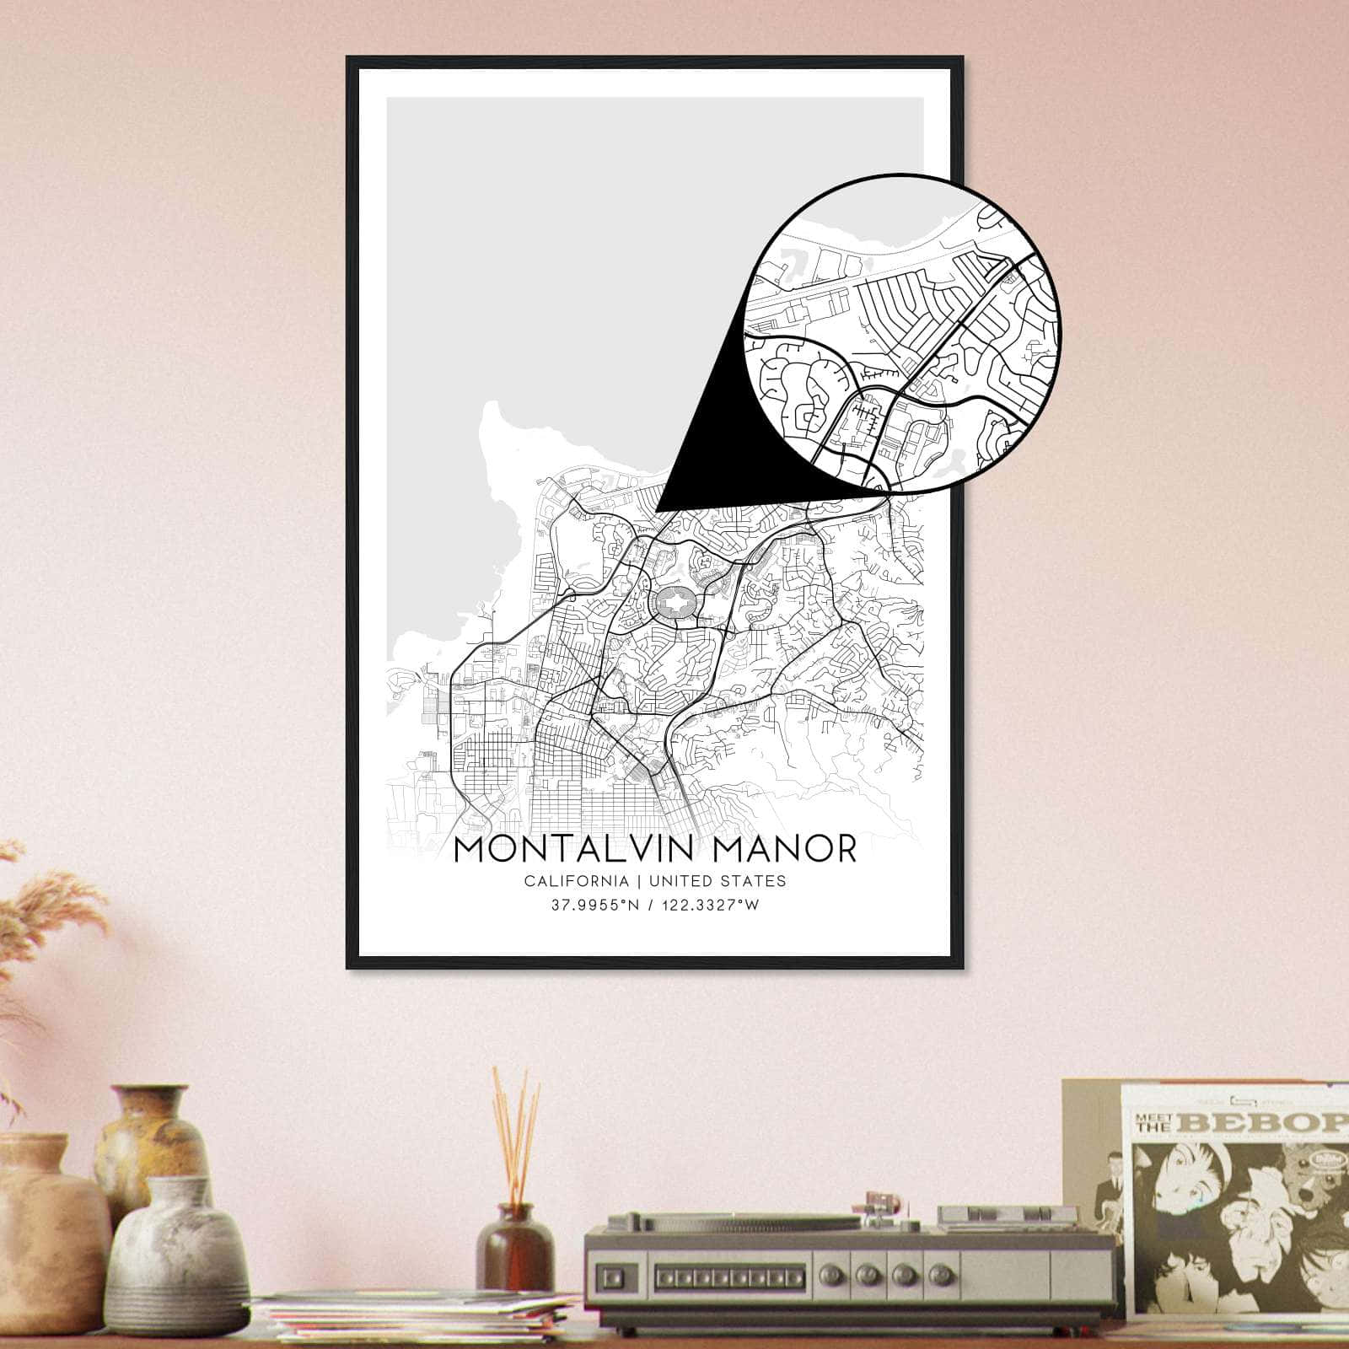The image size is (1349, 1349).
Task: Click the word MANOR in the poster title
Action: (x=785, y=849)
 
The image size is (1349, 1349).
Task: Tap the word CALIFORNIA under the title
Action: (x=576, y=881)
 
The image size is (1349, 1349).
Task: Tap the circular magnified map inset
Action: (x=902, y=333)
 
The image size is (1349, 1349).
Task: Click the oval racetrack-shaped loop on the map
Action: (x=675, y=604)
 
